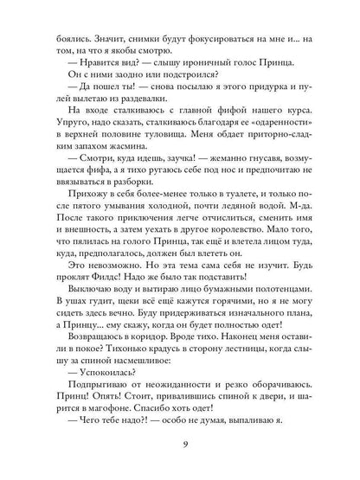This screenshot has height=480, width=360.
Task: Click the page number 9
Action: (179, 447)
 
